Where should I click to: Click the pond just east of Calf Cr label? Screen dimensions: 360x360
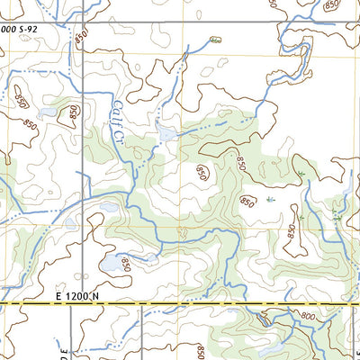click(166, 134)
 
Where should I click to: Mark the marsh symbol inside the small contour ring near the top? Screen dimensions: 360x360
click(214, 40)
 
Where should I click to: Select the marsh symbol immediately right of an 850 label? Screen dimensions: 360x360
click(271, 200)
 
